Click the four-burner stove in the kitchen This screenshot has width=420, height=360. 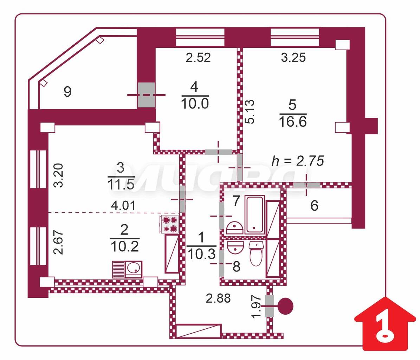pos(169,224)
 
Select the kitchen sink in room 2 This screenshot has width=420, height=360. pos(127,269)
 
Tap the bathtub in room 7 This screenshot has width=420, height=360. pos(255,216)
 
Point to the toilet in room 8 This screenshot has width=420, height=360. pos(256,253)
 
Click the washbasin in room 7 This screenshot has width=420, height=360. pos(235,228)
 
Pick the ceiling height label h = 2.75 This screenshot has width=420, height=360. pos(298,161)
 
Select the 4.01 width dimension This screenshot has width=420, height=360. pos(123,205)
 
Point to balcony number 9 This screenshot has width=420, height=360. pos(67,92)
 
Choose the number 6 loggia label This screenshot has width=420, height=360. pos(314,205)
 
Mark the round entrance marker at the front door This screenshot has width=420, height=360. pos(285,306)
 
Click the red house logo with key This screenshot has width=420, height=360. pos(385,324)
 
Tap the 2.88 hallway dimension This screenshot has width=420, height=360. pos(218,298)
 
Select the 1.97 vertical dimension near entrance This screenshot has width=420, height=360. pos(256,307)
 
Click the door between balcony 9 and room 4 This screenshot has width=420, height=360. pos(146,95)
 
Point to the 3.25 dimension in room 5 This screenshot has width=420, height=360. pos(293,58)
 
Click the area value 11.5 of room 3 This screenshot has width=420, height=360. pos(121,185)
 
